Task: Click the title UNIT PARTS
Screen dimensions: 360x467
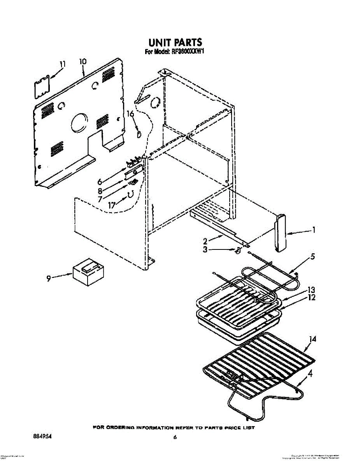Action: click(175, 42)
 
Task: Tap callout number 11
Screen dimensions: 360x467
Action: click(63, 64)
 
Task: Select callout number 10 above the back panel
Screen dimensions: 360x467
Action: click(83, 61)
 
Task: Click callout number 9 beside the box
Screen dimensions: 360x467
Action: click(49, 278)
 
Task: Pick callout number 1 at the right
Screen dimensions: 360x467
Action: click(313, 230)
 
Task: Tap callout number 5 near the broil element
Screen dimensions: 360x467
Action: click(313, 257)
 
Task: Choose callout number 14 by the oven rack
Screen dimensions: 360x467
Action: click(312, 339)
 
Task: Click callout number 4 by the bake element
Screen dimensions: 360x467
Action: click(310, 374)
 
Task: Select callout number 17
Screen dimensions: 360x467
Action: click(112, 205)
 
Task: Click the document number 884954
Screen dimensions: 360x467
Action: click(40, 437)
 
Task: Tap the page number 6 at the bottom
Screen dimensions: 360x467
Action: click(176, 437)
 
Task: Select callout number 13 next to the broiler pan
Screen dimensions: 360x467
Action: click(311, 290)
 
